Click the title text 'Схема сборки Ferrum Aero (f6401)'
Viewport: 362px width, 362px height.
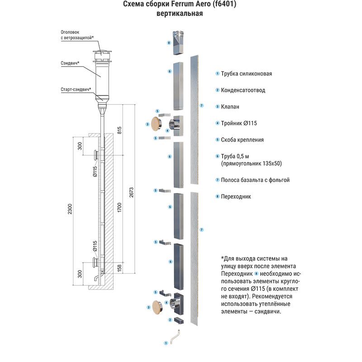click(x=180, y=5)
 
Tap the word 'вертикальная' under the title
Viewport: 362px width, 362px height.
click(x=180, y=14)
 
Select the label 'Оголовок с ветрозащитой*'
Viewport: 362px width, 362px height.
click(x=76, y=35)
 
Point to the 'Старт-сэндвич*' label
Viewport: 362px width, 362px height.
click(x=76, y=89)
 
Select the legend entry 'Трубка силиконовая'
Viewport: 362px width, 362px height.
click(x=246, y=74)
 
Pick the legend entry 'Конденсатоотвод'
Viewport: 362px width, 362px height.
click(x=243, y=90)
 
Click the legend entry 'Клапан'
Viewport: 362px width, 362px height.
click(x=230, y=107)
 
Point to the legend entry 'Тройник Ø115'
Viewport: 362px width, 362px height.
click(x=239, y=123)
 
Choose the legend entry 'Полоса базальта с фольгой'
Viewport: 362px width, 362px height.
click(x=255, y=180)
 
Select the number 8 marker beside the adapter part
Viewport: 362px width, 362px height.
click(x=168, y=43)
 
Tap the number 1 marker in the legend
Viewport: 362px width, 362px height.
click(x=217, y=74)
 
